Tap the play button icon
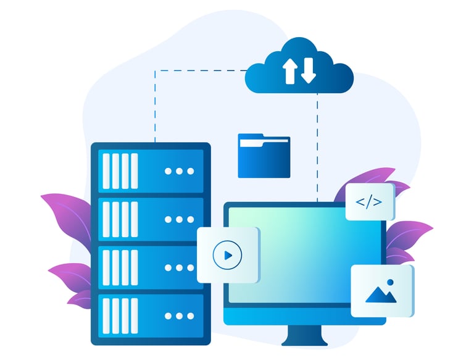(x=228, y=254)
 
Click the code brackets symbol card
(x=370, y=201)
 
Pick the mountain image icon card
(x=382, y=291)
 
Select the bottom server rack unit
(x=151, y=316)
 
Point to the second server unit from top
(x=151, y=219)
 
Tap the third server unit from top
(x=151, y=267)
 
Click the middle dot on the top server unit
(x=180, y=171)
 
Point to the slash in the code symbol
(x=370, y=201)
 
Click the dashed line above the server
(x=154, y=105)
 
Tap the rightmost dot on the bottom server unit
(x=190, y=316)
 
